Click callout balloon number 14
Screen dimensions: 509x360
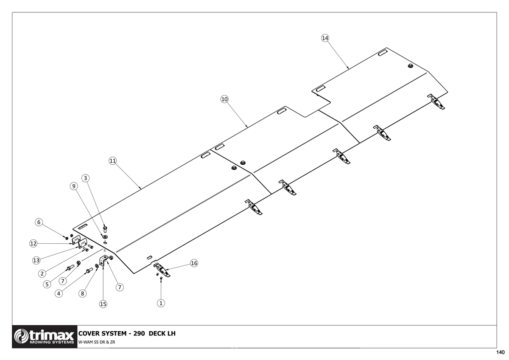325,38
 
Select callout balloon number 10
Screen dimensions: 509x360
224,99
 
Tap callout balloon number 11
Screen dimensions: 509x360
113,161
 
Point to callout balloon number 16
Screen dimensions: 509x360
194,263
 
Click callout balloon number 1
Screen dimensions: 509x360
161,303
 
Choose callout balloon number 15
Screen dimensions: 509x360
103,304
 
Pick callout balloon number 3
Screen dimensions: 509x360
85,178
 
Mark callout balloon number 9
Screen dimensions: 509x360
74,186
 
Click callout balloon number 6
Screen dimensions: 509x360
39,222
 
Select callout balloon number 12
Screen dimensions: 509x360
34,244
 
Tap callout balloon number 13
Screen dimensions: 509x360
36,260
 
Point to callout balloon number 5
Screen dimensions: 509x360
47,284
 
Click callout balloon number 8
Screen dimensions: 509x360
82,293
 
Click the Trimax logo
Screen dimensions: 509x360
45,337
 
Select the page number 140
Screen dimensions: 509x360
500,352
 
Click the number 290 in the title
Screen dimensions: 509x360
139,333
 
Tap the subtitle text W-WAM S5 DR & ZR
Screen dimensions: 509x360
97,342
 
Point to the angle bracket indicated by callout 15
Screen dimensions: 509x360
103,260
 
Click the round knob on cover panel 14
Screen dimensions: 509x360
410,66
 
